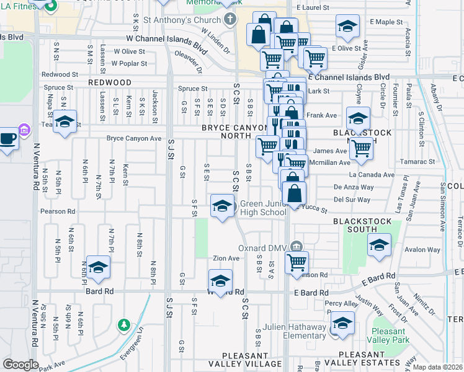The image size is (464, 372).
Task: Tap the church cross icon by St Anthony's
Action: pos(230,19)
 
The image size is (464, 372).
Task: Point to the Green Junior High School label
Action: pos(264,208)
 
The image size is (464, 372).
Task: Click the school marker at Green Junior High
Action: pos(221,206)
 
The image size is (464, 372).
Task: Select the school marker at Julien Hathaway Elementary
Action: pos(341,324)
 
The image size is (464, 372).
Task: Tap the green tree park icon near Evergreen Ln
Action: pos(124,325)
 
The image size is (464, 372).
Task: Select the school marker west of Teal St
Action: pos(64,122)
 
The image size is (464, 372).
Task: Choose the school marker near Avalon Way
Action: pos(379,245)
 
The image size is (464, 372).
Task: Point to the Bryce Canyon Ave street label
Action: pos(134,138)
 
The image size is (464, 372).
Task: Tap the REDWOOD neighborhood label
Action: pos(110,82)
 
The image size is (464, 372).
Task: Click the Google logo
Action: pos(20,365)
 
